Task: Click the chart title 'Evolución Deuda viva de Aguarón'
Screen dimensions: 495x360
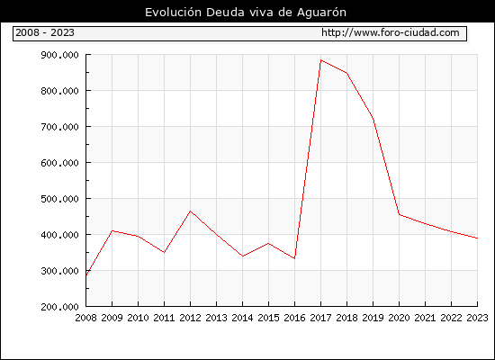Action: click(x=246, y=13)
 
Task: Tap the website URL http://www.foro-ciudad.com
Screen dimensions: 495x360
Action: click(x=391, y=32)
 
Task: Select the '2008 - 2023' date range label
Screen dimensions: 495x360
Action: click(x=45, y=32)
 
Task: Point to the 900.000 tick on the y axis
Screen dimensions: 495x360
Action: click(x=59, y=55)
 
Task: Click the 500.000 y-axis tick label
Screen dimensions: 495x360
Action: click(x=59, y=199)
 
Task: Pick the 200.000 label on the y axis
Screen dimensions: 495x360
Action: click(x=59, y=307)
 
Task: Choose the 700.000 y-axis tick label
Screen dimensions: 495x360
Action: click(x=59, y=127)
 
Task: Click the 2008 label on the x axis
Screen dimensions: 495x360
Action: click(x=85, y=318)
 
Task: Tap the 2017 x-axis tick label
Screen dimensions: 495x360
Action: click(x=320, y=318)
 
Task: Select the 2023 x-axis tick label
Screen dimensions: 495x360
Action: click(x=477, y=318)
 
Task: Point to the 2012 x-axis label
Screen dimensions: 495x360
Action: click(x=191, y=318)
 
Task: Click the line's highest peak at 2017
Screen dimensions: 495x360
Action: click(x=320, y=60)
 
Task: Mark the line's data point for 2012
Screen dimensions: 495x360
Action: click(x=191, y=211)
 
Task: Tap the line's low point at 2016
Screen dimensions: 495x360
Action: click(x=294, y=258)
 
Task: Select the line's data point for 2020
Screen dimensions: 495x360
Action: click(x=399, y=214)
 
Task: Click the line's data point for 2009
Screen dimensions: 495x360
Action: click(x=112, y=230)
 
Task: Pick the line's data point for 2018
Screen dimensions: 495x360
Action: click(x=346, y=73)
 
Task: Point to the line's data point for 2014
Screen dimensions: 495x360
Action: click(x=242, y=256)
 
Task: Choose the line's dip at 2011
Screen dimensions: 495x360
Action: click(x=164, y=252)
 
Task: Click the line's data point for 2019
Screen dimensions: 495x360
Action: click(x=373, y=119)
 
